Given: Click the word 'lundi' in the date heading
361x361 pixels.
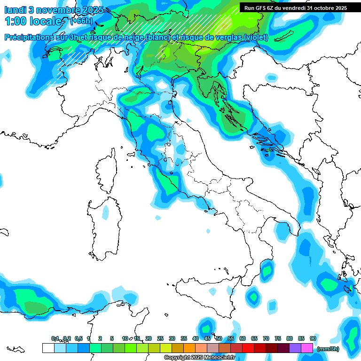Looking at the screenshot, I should coord(15,10).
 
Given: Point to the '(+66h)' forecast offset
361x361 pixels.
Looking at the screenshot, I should coord(81,21).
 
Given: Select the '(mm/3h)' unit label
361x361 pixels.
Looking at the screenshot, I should coord(328,349).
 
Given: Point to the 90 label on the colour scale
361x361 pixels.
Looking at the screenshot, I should coord(313,338).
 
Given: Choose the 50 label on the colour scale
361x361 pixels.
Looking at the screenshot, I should coord(219,338).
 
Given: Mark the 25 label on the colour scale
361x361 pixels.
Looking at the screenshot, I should coord(160,338).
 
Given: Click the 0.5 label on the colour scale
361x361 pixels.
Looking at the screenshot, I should coord(78,338).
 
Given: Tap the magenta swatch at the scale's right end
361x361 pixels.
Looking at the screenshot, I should coord(307,348).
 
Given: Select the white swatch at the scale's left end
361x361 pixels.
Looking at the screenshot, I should coord(48,348).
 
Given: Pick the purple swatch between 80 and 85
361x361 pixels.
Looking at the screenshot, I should coord(295,348).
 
